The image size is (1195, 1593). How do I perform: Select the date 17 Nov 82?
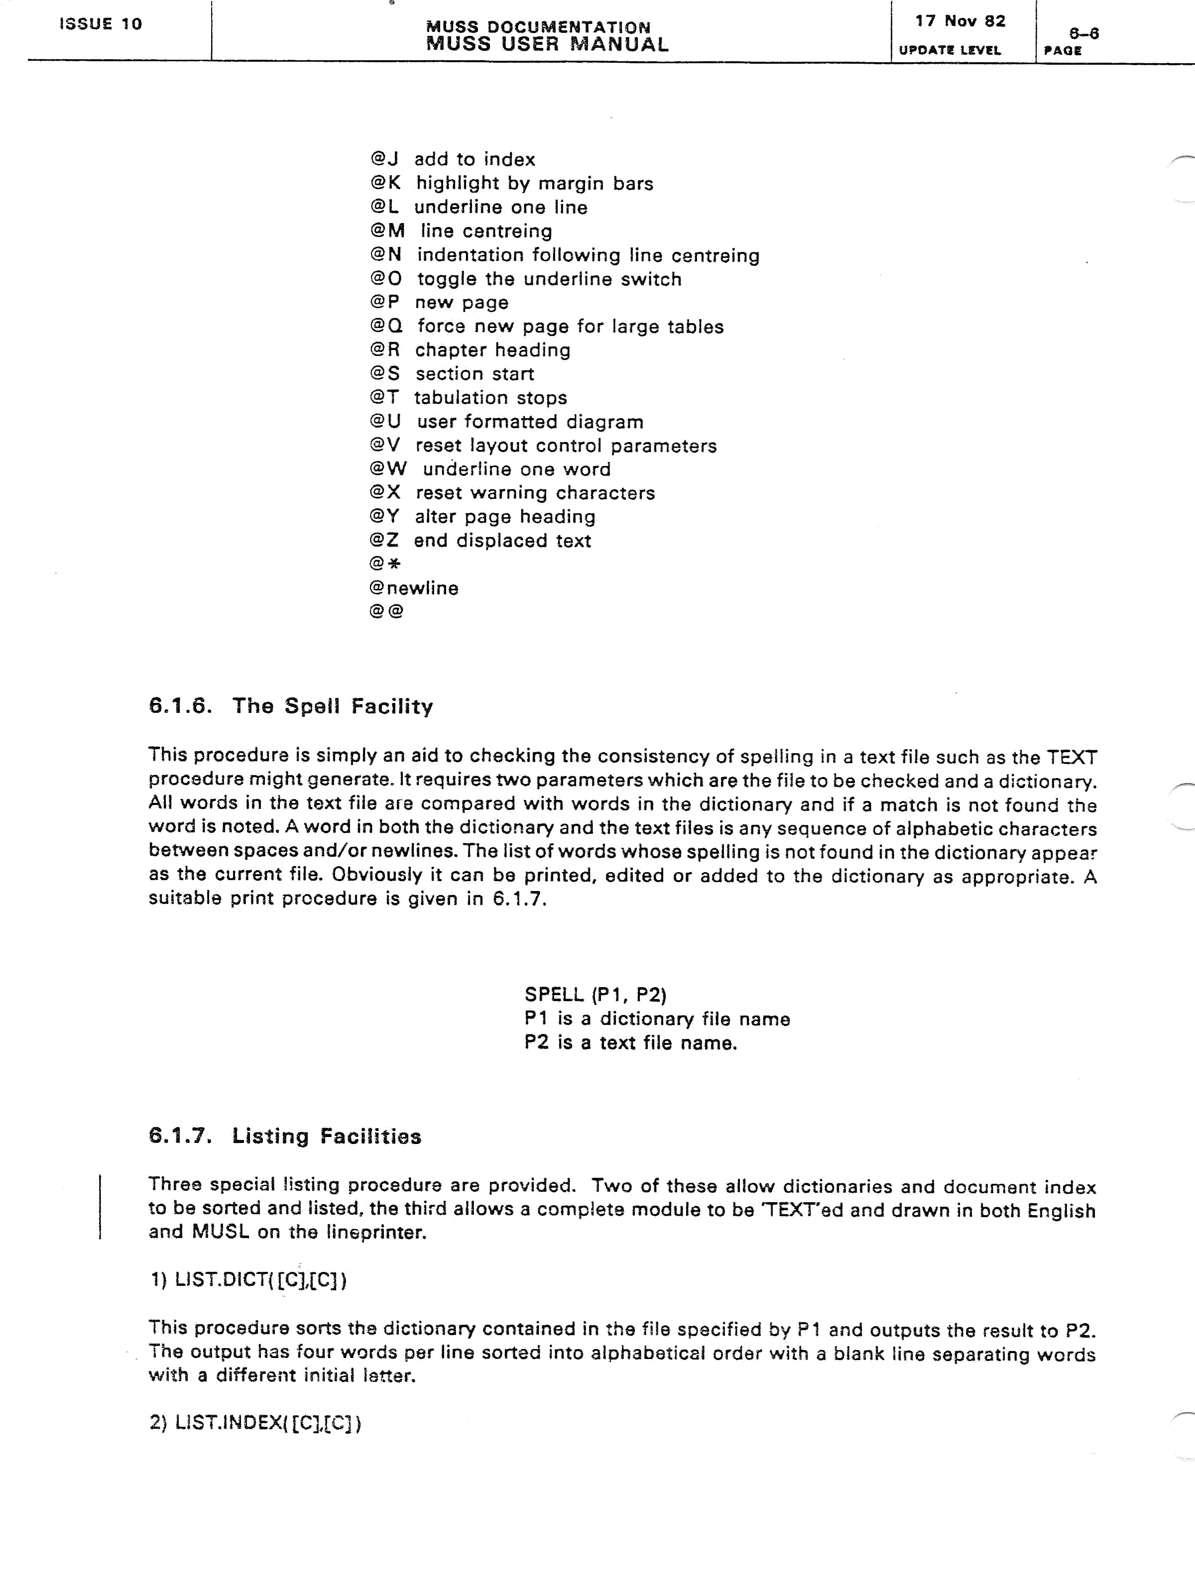coord(960,21)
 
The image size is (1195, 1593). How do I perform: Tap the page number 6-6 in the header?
coord(1083,33)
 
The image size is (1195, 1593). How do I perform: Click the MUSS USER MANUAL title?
coord(547,44)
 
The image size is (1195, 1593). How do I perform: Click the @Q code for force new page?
coord(385,326)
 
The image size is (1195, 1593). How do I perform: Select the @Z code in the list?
coord(384,540)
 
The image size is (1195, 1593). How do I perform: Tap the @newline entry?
coord(413,587)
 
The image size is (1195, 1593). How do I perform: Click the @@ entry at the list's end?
coord(386,611)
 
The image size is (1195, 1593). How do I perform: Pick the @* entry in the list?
coord(385,564)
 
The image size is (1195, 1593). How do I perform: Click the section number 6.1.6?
coord(180,706)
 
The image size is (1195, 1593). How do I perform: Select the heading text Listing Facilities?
coord(326,1137)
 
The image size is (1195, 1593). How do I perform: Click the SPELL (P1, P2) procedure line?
coord(595,995)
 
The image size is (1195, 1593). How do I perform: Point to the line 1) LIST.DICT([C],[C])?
coord(248,1280)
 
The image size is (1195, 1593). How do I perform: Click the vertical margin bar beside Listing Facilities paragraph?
coord(100,1207)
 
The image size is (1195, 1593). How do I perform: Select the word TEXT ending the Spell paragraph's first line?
coord(1072,757)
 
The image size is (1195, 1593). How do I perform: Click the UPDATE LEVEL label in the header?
coord(950,50)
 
